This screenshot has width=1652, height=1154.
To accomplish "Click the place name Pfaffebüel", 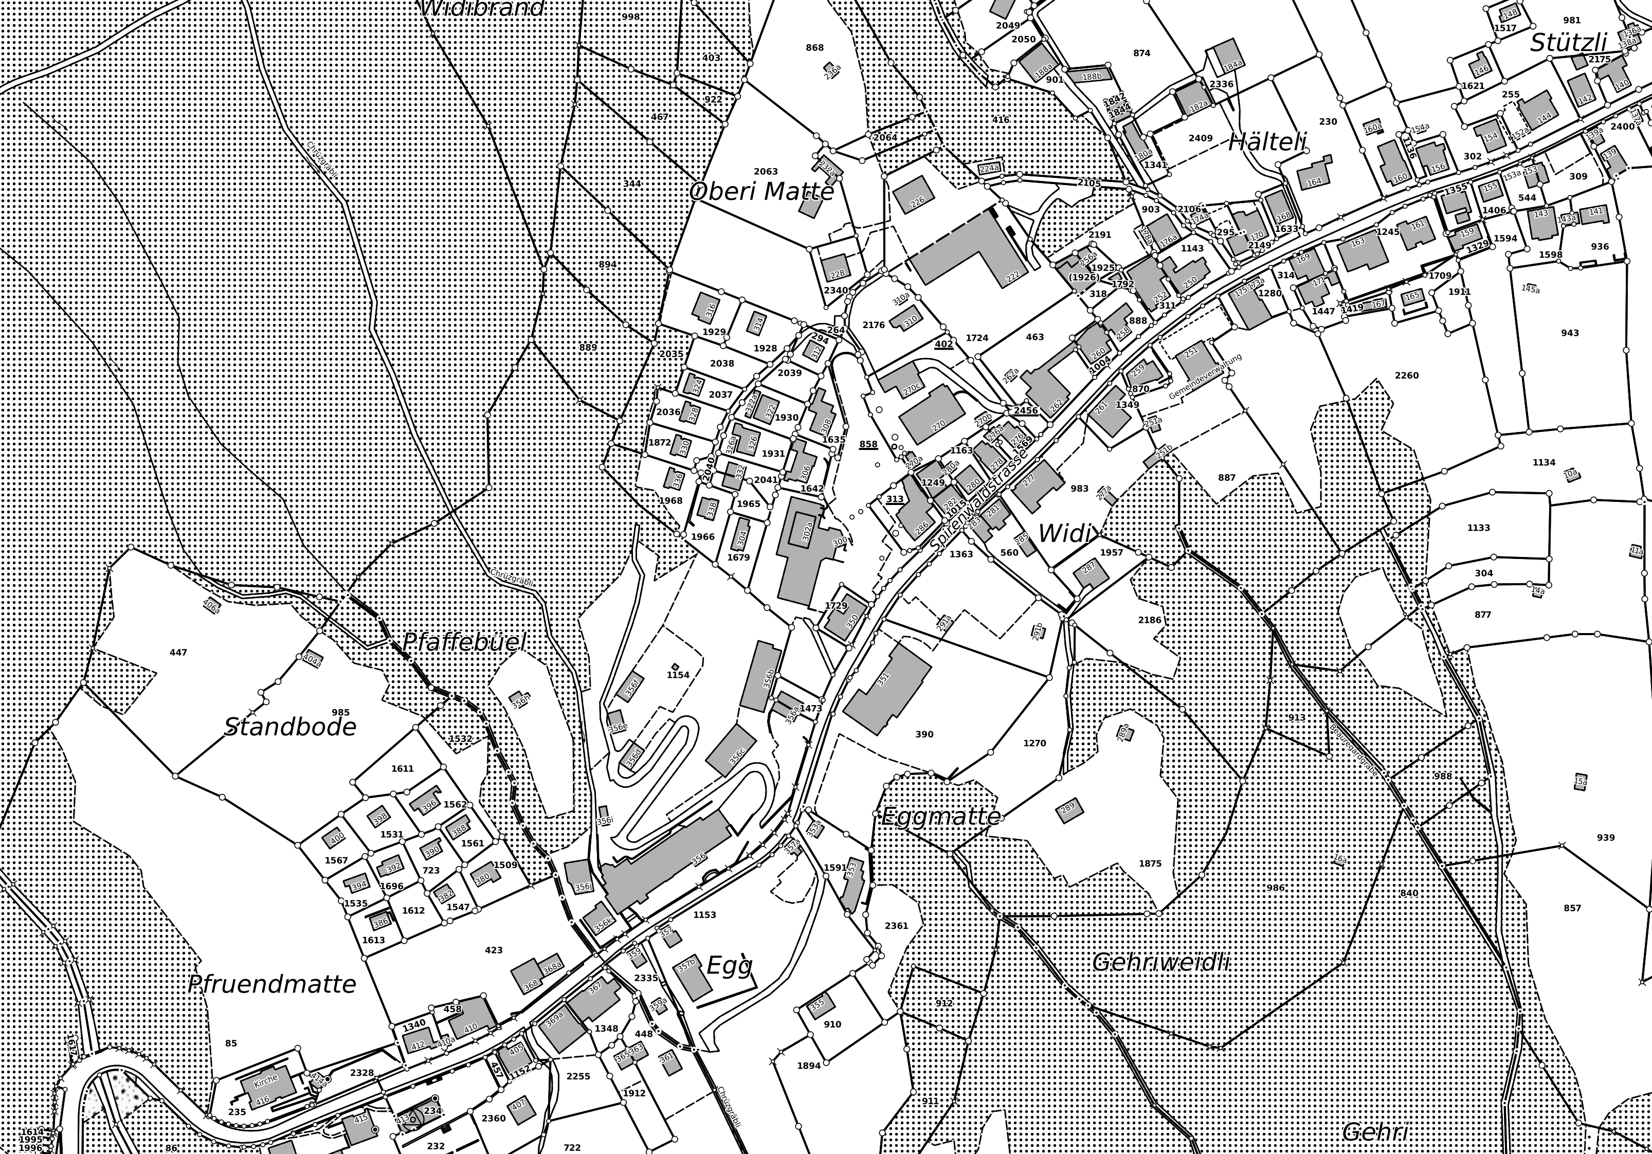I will point(465,642).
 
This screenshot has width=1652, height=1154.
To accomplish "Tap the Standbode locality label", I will point(290,727).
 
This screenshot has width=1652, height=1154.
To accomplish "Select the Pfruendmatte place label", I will point(272,983).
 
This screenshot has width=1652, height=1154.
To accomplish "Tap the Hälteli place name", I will point(1267,142).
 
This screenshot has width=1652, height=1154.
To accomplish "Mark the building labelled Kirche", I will point(266,1086).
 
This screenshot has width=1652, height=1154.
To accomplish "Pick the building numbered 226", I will point(914,194).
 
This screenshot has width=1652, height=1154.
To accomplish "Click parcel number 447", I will point(178,653).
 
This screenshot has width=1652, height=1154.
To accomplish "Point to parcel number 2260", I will point(1407,375).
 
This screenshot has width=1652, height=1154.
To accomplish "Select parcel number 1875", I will point(1150,863).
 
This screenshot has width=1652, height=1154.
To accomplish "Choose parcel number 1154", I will point(678,675).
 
